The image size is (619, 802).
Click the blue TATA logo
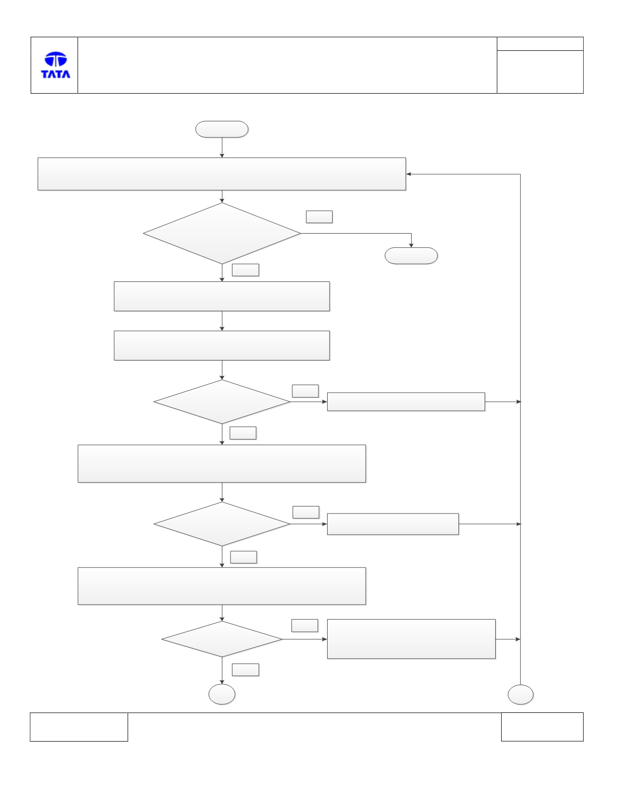click(55, 65)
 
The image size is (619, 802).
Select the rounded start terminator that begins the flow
click(222, 129)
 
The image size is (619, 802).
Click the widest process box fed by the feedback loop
click(222, 174)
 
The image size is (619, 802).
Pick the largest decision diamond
click(222, 233)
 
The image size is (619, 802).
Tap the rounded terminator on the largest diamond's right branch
click(411, 255)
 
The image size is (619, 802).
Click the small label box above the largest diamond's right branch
click(319, 216)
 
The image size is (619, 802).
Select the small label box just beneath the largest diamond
click(245, 270)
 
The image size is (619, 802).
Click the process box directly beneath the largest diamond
click(222, 297)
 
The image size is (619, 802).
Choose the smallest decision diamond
click(222, 639)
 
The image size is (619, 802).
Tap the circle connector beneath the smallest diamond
click(222, 694)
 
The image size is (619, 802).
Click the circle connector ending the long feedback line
click(520, 695)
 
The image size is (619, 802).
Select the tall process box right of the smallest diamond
click(411, 639)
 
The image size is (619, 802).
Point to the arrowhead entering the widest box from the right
click(408, 174)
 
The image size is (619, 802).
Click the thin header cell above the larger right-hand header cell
click(540, 44)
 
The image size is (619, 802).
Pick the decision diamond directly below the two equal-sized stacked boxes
click(222, 402)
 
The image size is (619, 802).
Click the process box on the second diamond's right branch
click(406, 402)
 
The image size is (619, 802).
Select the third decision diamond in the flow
click(222, 524)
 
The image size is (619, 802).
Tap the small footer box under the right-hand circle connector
click(543, 726)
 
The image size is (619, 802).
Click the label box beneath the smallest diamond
click(245, 670)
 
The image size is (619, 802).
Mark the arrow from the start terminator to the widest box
click(222, 148)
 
